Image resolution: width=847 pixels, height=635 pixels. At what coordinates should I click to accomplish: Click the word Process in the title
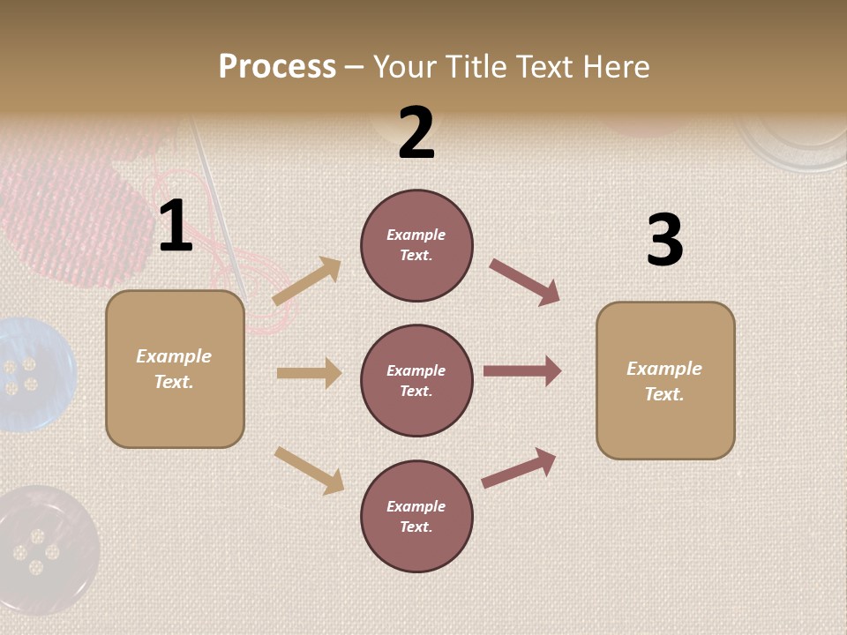click(x=277, y=66)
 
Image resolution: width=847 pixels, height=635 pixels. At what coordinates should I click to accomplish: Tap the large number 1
click(x=176, y=226)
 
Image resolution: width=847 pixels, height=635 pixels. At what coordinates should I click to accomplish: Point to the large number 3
click(x=664, y=240)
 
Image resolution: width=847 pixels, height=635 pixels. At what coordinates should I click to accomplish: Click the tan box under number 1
click(x=175, y=369)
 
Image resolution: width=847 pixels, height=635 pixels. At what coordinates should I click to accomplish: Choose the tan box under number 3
click(x=665, y=381)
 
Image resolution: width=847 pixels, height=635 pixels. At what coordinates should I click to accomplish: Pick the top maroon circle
click(x=416, y=245)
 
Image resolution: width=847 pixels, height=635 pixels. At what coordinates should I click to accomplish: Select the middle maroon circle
click(x=416, y=381)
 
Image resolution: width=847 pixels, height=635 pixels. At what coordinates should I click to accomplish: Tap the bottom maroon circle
click(x=416, y=517)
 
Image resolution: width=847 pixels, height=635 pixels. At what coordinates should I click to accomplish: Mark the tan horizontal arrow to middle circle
click(x=309, y=373)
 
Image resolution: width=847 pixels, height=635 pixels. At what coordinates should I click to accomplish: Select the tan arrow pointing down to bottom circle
click(x=309, y=470)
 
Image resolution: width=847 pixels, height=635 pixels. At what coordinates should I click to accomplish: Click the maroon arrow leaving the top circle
click(x=525, y=282)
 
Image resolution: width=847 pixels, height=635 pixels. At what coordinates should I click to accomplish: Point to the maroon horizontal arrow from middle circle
click(x=522, y=371)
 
